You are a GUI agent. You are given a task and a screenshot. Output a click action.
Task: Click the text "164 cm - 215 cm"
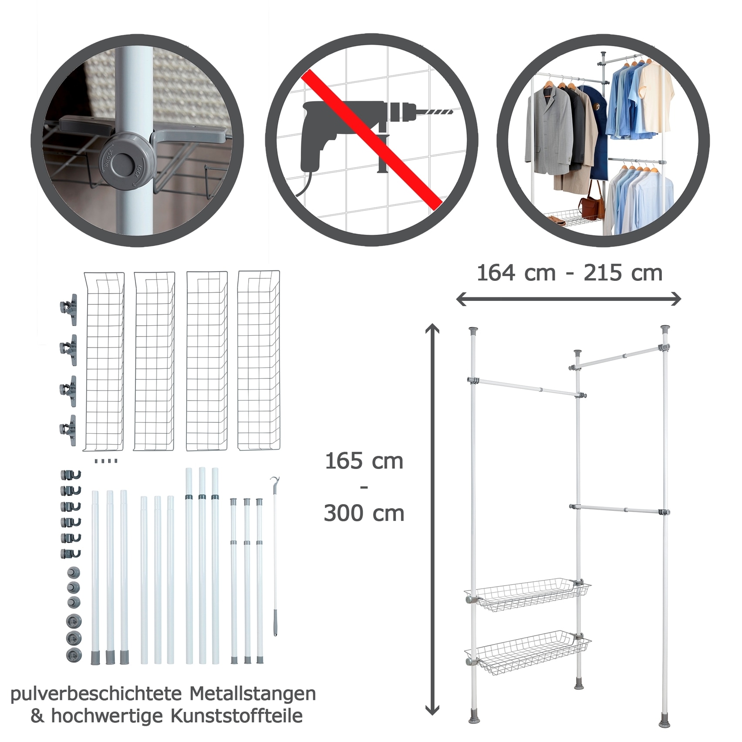(x=570, y=273)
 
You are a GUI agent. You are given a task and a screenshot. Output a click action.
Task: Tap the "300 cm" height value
(x=364, y=513)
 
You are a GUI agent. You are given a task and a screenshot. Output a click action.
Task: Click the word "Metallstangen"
(x=253, y=693)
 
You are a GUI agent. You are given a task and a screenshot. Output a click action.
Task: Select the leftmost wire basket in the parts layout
(x=104, y=361)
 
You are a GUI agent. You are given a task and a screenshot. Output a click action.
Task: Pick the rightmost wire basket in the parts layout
(x=259, y=361)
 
